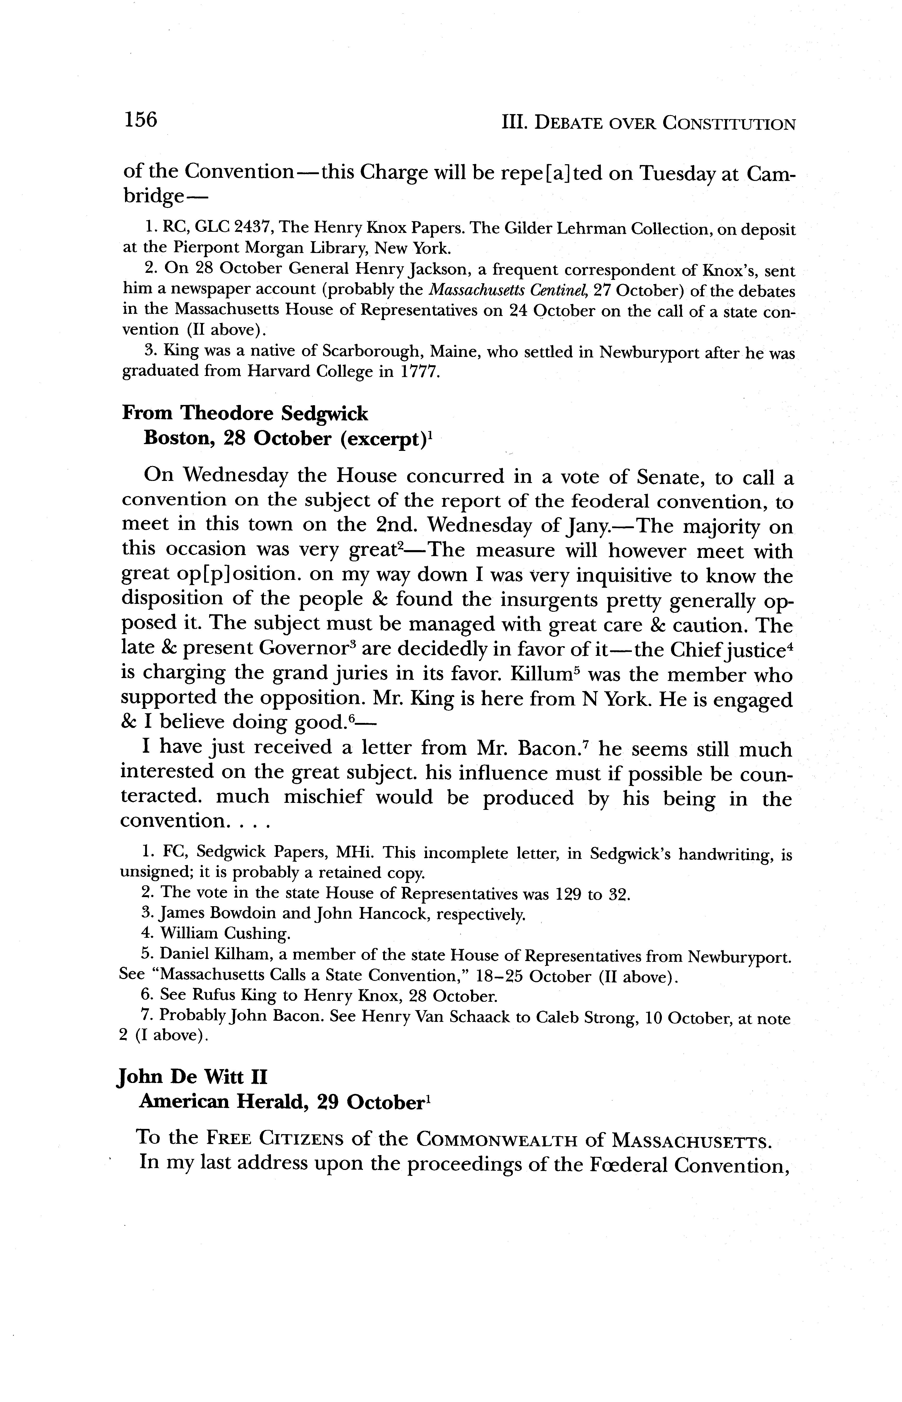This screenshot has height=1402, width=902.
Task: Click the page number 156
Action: coord(141,120)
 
